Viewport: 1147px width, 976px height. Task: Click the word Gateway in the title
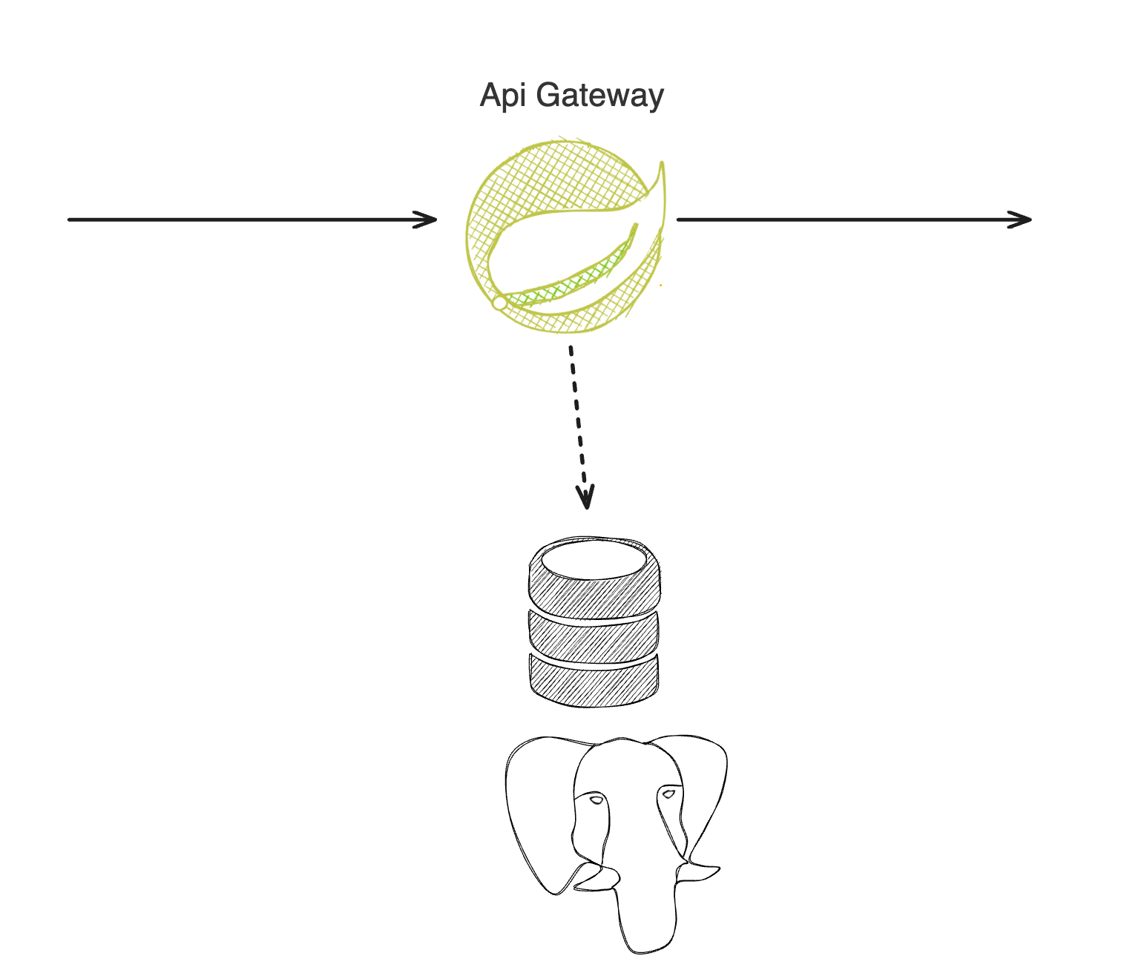599,96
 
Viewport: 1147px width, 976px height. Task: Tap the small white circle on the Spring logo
500,303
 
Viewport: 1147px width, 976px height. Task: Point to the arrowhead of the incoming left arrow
430,220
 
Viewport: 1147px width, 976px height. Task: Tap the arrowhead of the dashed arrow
587,500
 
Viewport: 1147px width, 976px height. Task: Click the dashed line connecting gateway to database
577,415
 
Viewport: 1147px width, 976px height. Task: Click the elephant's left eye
596,800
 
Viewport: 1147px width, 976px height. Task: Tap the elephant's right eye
668,794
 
